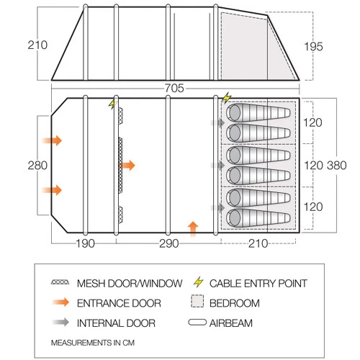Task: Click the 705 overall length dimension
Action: pyautogui.click(x=174, y=88)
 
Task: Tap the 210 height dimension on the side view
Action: pyautogui.click(x=37, y=45)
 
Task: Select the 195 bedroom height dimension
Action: pyautogui.click(x=313, y=47)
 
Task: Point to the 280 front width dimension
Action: pyautogui.click(x=37, y=166)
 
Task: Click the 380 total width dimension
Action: pyautogui.click(x=337, y=166)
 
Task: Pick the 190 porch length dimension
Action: pyautogui.click(x=85, y=243)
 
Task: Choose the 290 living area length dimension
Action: pyautogui.click(x=169, y=243)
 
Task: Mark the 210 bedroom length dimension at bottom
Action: pyautogui.click(x=258, y=243)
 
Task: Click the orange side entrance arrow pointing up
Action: pyautogui.click(x=193, y=229)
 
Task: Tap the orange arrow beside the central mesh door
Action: pyautogui.click(x=127, y=166)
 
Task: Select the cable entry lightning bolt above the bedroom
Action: pyautogui.click(x=226, y=98)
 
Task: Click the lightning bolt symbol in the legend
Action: pyautogui.click(x=199, y=282)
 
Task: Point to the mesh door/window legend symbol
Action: pyautogui.click(x=60, y=282)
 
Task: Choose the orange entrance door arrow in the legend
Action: pyautogui.click(x=60, y=302)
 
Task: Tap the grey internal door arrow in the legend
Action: pyautogui.click(x=60, y=323)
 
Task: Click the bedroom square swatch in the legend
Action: pyautogui.click(x=197, y=301)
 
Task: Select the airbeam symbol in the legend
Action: pyautogui.click(x=197, y=323)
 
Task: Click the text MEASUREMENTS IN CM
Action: pyautogui.click(x=93, y=343)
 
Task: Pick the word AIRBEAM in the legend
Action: pyautogui.click(x=231, y=323)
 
